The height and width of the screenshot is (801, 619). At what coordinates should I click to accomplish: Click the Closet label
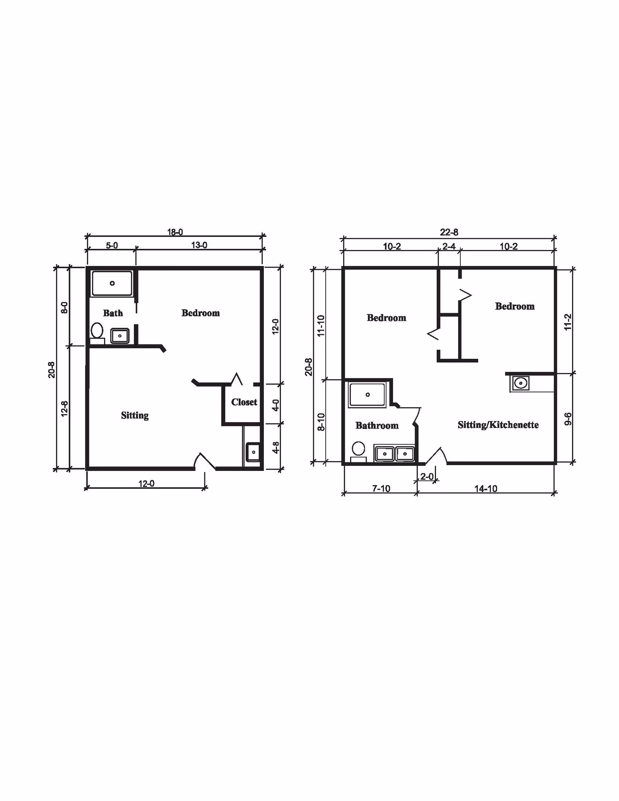(244, 402)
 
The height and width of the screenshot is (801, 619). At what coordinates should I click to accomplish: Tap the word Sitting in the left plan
(135, 416)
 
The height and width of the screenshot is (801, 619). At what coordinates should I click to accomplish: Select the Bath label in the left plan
(113, 313)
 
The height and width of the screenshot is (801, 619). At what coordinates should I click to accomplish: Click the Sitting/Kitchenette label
(498, 425)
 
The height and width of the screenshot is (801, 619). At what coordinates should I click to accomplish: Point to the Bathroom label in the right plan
(377, 426)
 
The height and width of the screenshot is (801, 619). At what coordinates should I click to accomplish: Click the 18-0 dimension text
(175, 232)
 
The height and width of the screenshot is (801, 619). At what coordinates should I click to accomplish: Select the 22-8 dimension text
(449, 232)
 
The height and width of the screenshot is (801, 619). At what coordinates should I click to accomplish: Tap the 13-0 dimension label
(199, 245)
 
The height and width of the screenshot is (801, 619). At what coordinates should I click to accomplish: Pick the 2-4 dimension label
(449, 246)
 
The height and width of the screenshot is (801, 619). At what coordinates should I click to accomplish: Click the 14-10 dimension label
(486, 489)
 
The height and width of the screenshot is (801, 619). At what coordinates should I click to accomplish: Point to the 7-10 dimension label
(381, 489)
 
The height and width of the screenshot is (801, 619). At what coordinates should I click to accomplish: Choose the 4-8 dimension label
(275, 448)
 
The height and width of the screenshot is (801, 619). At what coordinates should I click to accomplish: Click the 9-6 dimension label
(568, 419)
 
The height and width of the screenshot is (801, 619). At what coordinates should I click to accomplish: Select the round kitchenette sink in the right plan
(521, 383)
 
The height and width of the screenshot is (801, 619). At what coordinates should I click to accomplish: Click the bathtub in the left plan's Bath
(112, 283)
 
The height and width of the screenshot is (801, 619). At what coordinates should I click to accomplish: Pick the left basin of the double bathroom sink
(385, 454)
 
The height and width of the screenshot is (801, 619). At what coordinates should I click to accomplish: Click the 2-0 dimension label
(427, 477)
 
